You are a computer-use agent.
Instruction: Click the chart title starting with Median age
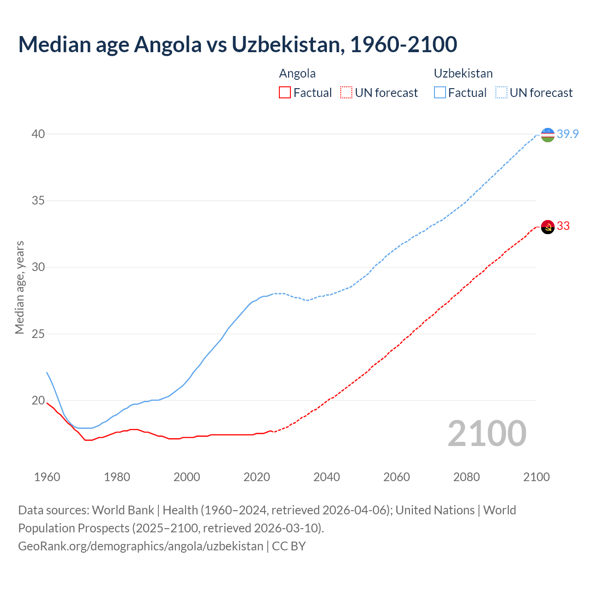[x=237, y=44]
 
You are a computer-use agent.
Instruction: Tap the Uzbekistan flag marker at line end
[x=547, y=135]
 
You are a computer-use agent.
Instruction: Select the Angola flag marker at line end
[x=547, y=227]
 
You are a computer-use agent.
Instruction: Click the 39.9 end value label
[x=567, y=134]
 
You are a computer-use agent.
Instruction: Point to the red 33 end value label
[x=563, y=226]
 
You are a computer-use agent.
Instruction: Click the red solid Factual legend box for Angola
[x=285, y=93]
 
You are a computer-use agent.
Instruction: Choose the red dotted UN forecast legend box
[x=346, y=93]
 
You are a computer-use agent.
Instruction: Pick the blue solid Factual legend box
[x=440, y=93]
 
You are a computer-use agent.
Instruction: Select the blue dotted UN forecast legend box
[x=501, y=93]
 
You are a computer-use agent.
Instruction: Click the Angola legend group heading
[x=297, y=73]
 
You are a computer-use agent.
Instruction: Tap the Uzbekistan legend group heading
[x=463, y=73]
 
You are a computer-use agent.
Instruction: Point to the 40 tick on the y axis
[x=38, y=134]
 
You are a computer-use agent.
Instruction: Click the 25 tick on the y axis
[x=38, y=334]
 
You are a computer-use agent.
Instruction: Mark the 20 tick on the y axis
[x=38, y=400]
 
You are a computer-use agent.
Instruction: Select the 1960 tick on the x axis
[x=47, y=477]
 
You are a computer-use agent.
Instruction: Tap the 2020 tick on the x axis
[x=257, y=477]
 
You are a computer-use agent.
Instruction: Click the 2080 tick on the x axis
[x=466, y=477]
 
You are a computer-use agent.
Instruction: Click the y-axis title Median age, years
[x=19, y=287]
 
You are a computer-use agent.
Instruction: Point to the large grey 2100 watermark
[x=487, y=433]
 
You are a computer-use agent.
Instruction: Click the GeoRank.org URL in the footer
[x=140, y=546]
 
